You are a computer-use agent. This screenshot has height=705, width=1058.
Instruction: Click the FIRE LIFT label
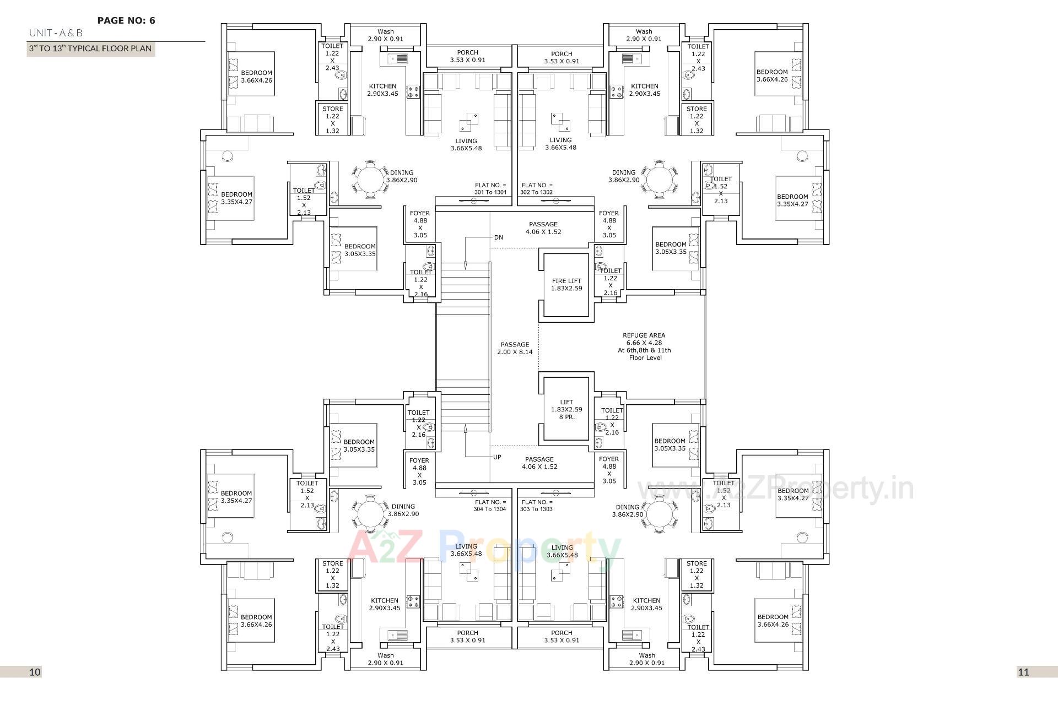point(566,285)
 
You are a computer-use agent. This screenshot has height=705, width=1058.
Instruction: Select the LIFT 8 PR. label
point(566,409)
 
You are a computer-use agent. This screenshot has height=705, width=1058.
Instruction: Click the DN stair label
point(498,237)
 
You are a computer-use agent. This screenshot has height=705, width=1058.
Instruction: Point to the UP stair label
point(497,457)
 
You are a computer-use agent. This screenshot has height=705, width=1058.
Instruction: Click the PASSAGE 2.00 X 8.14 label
point(515,348)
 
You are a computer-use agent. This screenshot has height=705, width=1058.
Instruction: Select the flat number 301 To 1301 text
point(490,189)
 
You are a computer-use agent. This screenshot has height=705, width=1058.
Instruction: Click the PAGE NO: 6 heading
point(126,21)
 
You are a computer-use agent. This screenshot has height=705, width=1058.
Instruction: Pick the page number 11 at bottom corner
point(1023,672)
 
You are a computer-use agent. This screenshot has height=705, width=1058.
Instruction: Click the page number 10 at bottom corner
point(35,672)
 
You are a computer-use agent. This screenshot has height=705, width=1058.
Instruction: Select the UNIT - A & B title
point(56,33)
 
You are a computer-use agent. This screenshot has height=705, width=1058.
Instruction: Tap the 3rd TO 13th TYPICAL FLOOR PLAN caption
point(90,48)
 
